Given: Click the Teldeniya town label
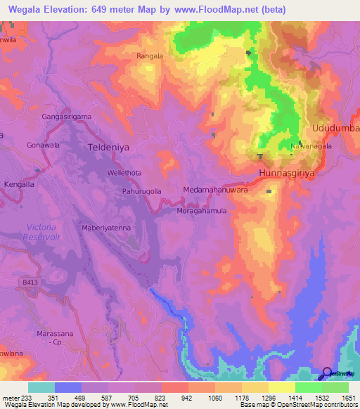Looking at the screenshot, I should pos(111,148).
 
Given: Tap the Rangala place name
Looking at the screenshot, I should pos(149,56).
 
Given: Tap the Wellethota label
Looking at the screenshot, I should pos(124,172).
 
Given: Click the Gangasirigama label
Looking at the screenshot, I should pos(67,116).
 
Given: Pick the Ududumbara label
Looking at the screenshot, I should pos(335,128).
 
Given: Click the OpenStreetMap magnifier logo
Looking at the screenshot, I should pos(326,374).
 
